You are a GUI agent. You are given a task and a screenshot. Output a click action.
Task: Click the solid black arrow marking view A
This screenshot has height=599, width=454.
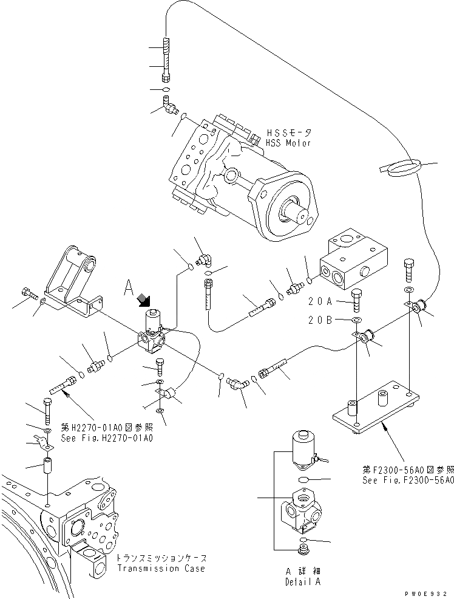click(143, 299)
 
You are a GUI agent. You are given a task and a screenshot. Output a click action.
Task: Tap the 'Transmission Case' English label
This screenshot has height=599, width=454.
click(161, 569)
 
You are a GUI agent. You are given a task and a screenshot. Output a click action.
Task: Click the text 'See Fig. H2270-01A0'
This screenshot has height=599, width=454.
click(106, 438)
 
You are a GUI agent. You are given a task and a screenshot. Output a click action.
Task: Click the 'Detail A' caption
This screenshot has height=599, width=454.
click(303, 582)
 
